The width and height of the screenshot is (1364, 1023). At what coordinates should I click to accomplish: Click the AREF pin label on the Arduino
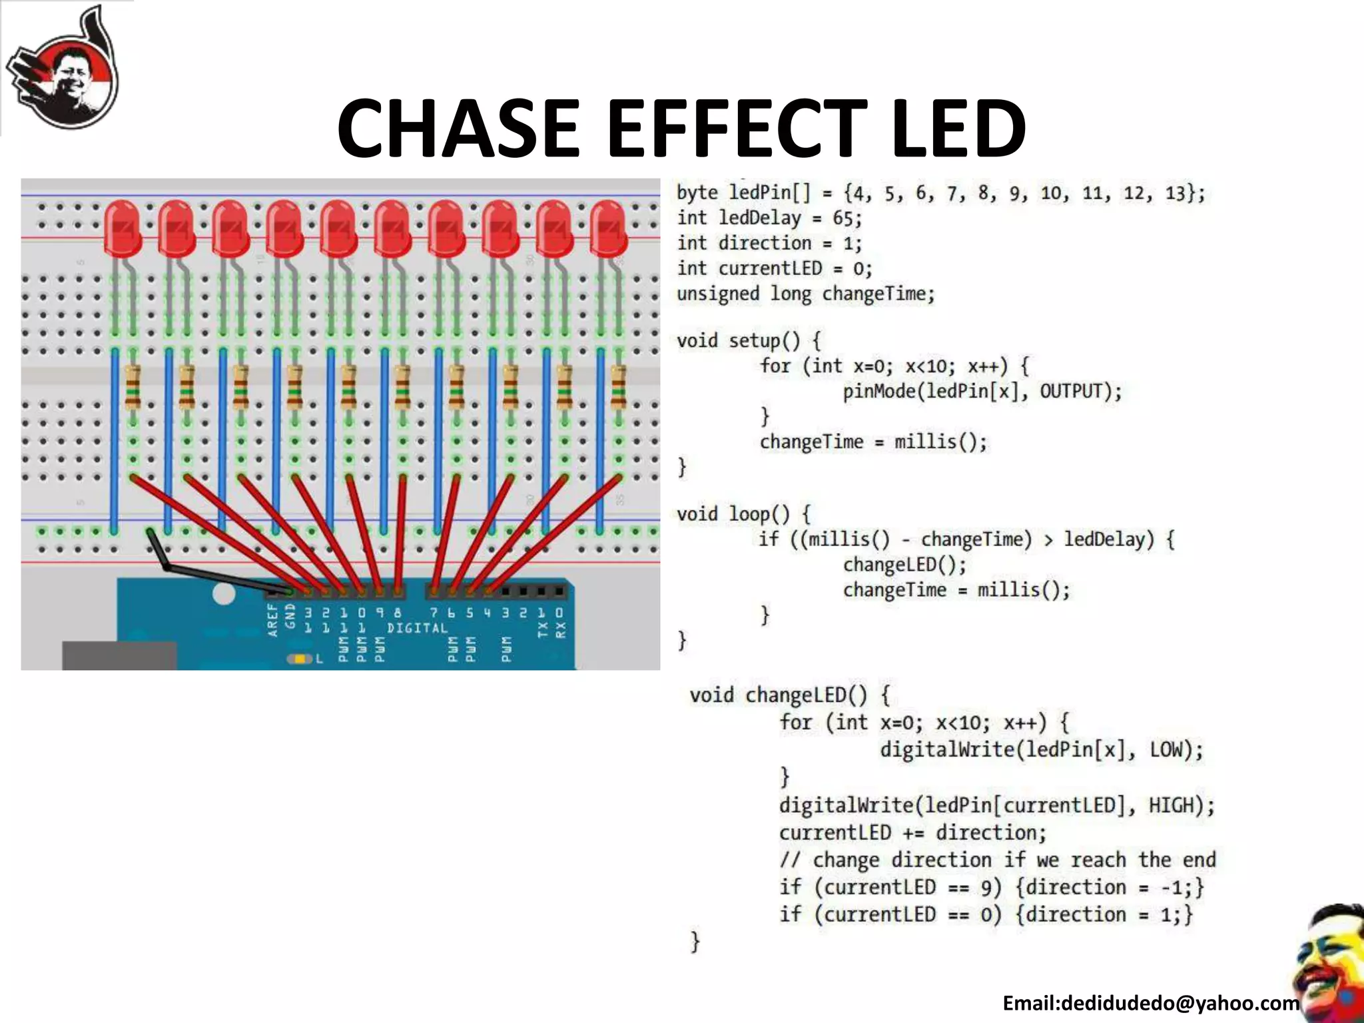coord(272,620)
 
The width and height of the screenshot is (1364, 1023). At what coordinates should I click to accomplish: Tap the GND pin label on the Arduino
coord(290,616)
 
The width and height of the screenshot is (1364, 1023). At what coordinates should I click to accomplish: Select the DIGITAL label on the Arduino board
coord(417,628)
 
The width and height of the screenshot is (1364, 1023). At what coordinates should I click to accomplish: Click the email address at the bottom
coord(1150,1003)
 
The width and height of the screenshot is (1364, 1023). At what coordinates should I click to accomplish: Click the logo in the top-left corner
coord(63,70)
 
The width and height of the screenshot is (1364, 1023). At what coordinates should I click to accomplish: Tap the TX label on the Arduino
coord(541,628)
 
